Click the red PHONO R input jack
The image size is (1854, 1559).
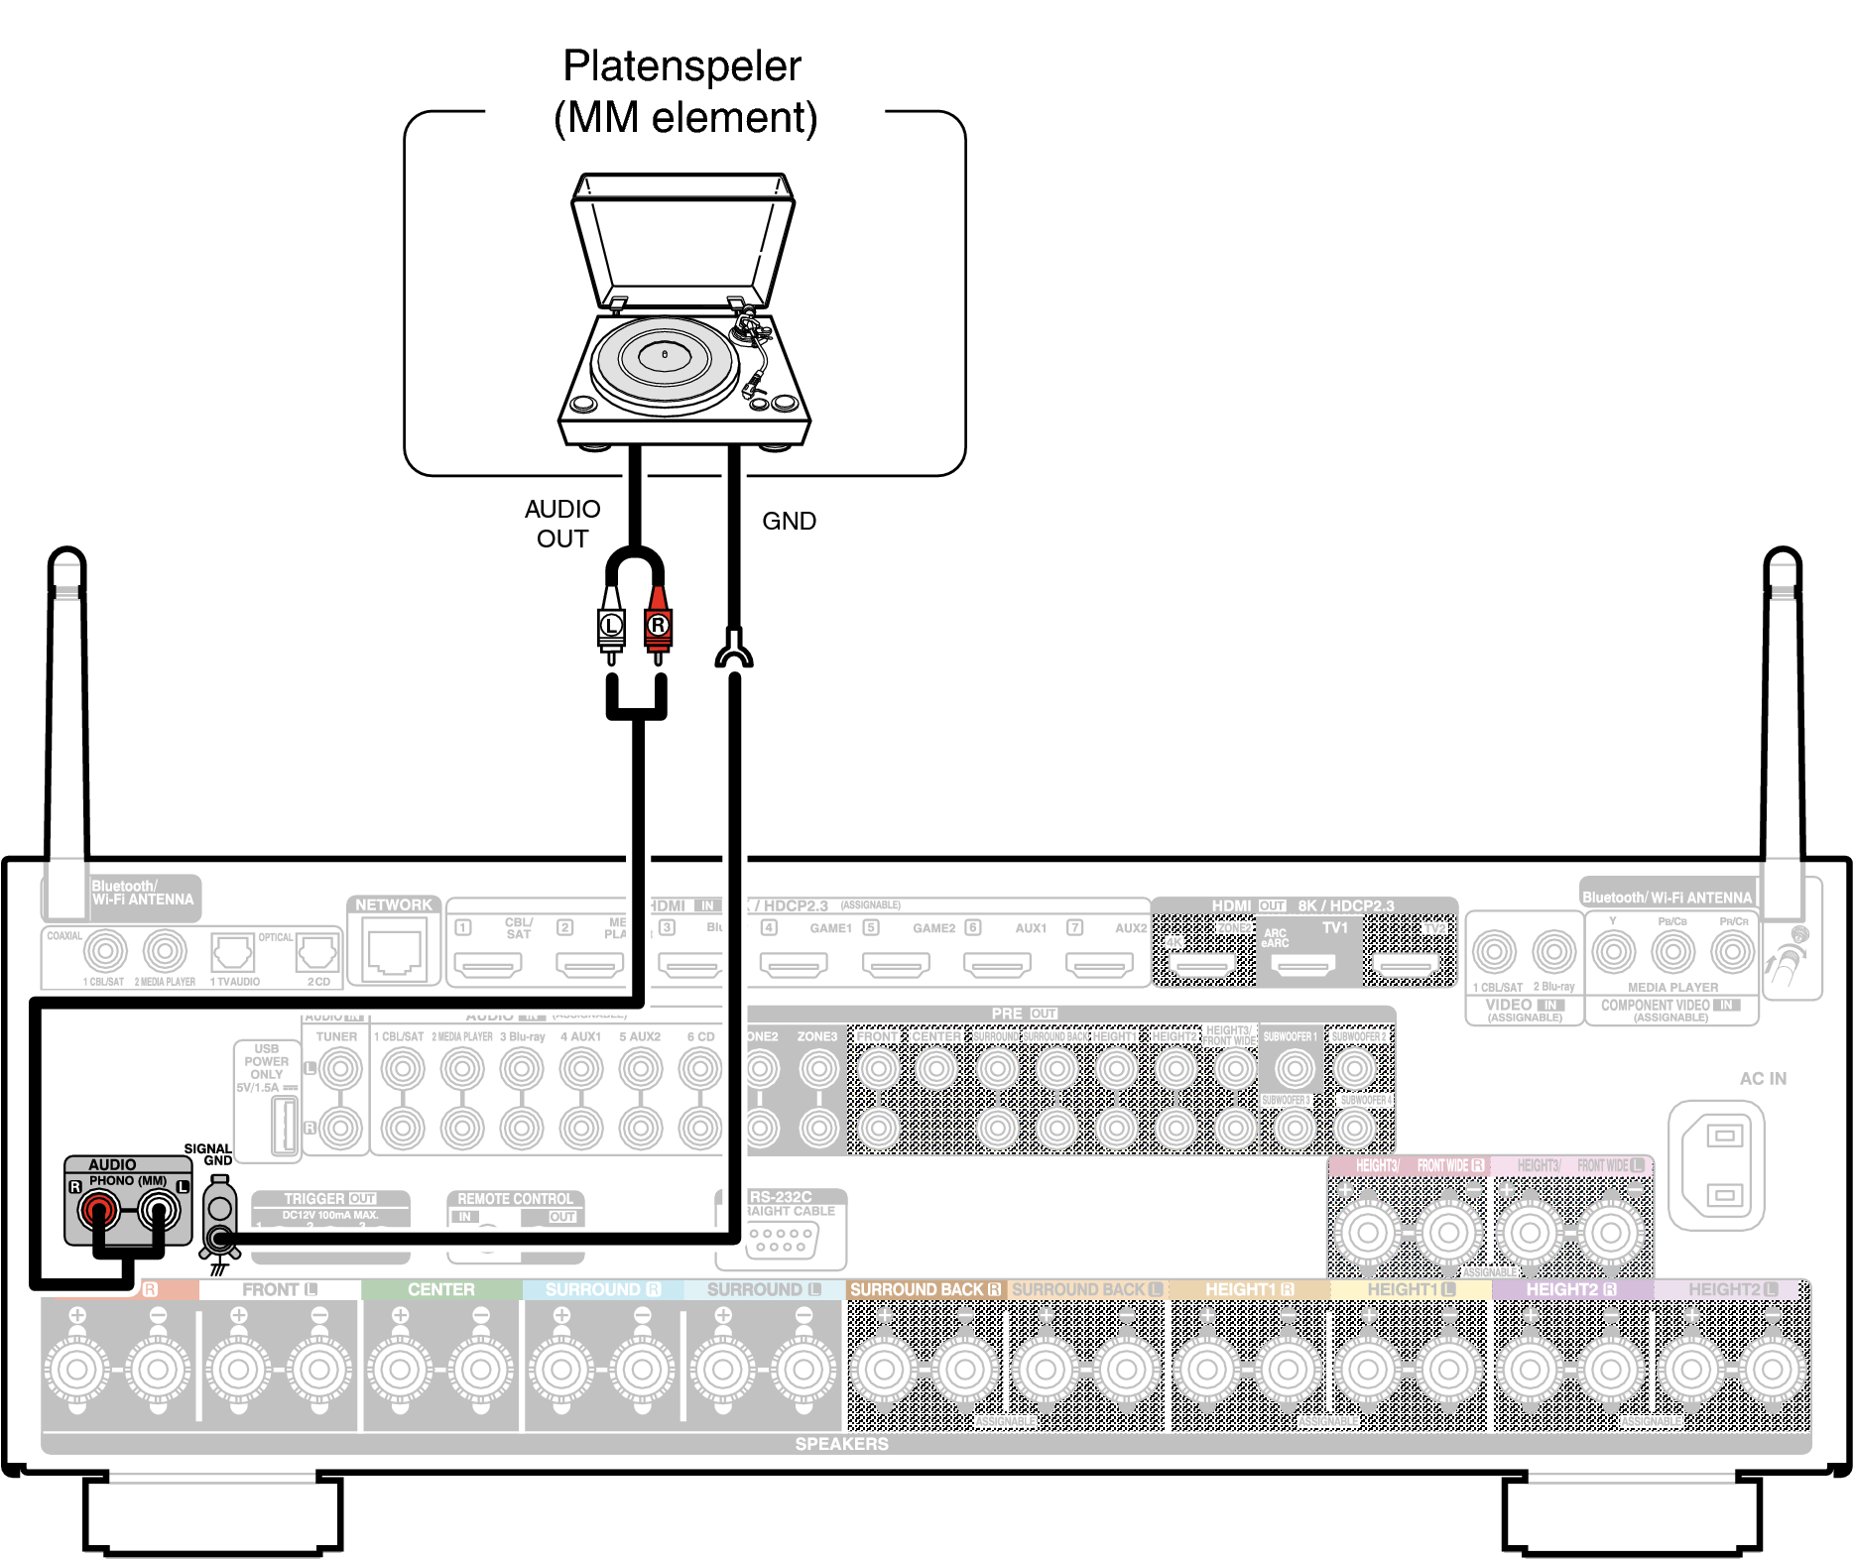click(99, 1209)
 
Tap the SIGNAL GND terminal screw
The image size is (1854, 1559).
click(219, 1238)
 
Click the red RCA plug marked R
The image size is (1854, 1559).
click(658, 625)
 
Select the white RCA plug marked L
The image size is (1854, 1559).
click(611, 625)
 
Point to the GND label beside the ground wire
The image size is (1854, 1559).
click(789, 522)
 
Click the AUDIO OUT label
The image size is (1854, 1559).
click(562, 524)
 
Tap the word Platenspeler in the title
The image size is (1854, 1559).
click(681, 66)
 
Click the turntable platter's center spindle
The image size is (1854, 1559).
click(665, 353)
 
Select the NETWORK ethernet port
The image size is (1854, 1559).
click(395, 950)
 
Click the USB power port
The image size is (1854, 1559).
click(285, 1126)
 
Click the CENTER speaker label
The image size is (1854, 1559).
click(441, 1289)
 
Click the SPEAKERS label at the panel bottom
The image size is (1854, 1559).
click(841, 1444)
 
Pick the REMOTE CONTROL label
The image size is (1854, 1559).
click(515, 1199)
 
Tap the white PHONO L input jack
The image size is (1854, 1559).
click(159, 1209)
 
